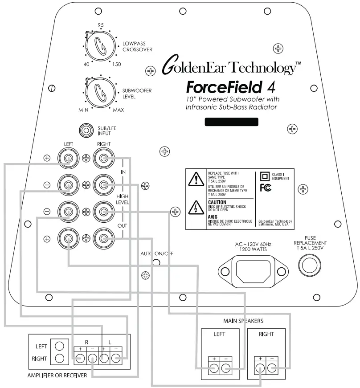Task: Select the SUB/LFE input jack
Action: [x=85, y=131]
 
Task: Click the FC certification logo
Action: [x=265, y=188]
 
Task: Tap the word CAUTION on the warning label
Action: [x=217, y=202]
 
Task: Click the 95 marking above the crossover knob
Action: [x=100, y=25]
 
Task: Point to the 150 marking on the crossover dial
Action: [x=116, y=65]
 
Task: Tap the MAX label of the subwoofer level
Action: [x=118, y=110]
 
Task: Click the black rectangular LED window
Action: [x=231, y=123]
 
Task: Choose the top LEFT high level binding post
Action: [x=68, y=158]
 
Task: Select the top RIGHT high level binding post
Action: [x=103, y=158]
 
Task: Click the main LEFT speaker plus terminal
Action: [x=213, y=368]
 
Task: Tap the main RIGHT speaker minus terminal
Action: [x=271, y=368]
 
